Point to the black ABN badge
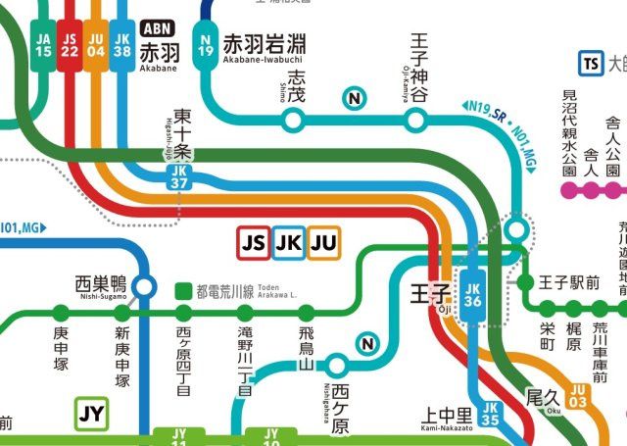coord(159,29)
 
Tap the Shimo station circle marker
coord(292,120)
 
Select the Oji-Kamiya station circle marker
coord(417,120)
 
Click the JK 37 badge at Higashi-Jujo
coord(178,175)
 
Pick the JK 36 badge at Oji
coord(472,295)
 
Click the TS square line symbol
coord(590,64)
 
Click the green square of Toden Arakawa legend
coord(182,291)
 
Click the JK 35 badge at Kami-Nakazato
coord(491,413)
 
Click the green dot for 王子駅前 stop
coord(525,283)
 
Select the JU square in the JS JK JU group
coord(323,242)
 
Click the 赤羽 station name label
coord(159,52)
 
